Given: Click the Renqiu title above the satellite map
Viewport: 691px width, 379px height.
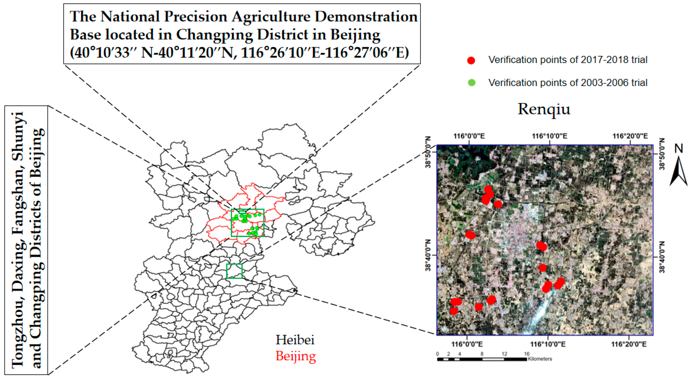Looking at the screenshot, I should tap(544, 109).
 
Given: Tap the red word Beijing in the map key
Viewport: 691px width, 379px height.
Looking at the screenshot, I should tap(296, 356).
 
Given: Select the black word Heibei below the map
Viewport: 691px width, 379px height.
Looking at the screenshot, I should tap(295, 340).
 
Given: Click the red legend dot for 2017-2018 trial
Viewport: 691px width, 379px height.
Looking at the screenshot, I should tap(471, 60).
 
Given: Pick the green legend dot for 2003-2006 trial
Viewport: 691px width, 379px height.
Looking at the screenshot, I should tap(471, 83).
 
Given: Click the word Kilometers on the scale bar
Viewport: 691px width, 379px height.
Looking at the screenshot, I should tap(540, 359).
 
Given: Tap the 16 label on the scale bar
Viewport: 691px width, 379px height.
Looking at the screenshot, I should tap(527, 354).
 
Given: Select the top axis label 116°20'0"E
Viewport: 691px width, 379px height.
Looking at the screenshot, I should tap(630, 136).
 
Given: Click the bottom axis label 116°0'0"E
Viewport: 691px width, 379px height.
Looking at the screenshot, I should tap(467, 344).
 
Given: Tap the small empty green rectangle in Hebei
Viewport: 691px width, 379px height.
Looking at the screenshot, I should tap(234, 271).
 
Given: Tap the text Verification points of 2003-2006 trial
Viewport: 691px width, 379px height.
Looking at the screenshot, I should tap(568, 83).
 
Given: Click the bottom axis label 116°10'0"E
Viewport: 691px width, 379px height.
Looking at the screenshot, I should tap(548, 344).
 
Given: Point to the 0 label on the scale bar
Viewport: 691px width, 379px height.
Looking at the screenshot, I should tap(438, 354).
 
